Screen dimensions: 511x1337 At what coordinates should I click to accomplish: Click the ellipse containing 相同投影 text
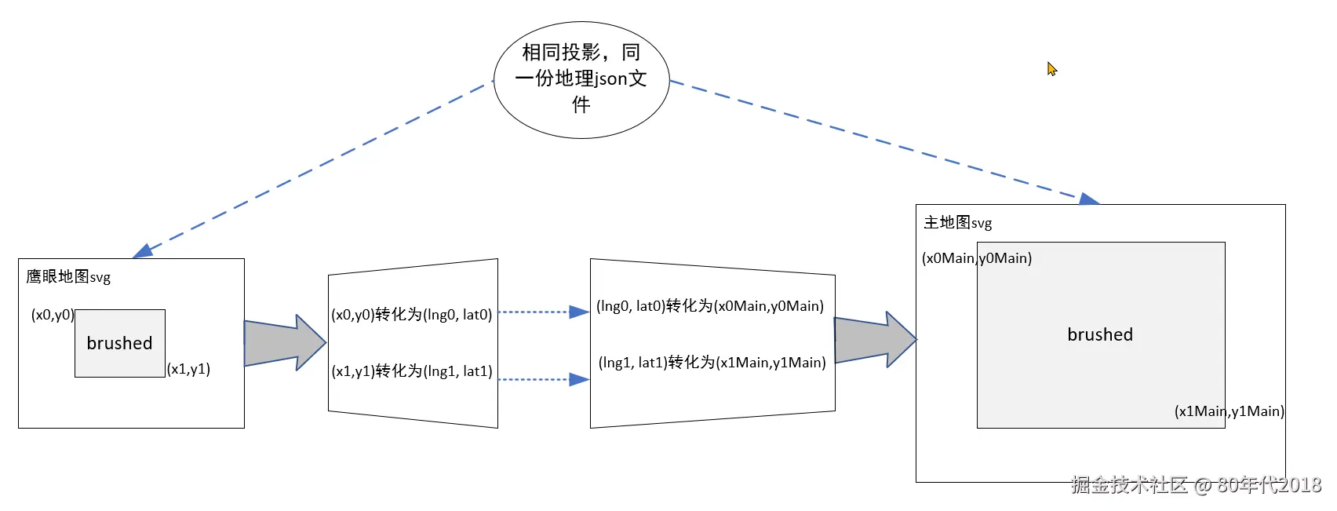(581, 79)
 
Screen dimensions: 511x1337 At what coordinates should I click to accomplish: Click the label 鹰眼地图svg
(68, 276)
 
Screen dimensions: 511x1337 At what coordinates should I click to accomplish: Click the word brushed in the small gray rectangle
(119, 343)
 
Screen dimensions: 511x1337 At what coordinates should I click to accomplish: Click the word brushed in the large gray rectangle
(1100, 334)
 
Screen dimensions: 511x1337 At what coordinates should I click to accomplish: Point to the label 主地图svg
(957, 223)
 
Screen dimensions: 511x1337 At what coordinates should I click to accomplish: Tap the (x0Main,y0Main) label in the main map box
(976, 258)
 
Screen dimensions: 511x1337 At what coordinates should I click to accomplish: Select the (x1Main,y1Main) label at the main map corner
(1229, 411)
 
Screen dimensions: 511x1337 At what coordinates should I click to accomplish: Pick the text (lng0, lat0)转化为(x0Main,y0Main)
(710, 306)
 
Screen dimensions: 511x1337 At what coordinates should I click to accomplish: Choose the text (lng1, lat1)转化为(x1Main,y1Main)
(712, 363)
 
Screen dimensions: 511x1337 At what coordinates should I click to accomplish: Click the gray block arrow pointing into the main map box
(874, 340)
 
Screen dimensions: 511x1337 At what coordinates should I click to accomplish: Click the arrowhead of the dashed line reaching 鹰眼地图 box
(144, 251)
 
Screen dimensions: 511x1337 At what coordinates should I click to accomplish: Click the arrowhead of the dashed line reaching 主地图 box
(1088, 199)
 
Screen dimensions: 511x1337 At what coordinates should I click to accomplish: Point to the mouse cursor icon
(1051, 69)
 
